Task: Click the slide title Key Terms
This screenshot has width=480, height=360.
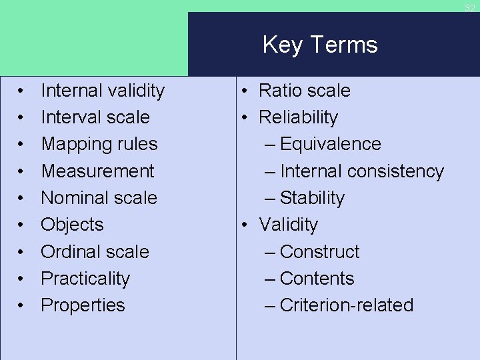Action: point(320,45)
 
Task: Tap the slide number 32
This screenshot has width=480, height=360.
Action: point(470,8)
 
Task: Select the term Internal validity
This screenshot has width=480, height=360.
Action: point(103,91)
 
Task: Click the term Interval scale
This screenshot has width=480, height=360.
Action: point(95,117)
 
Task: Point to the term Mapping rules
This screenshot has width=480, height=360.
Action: point(99,144)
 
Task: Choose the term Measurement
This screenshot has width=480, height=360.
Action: point(97,171)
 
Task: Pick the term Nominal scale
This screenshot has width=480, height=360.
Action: point(99,198)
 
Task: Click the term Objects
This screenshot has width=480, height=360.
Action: point(72,225)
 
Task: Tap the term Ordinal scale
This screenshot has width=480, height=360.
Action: point(95,252)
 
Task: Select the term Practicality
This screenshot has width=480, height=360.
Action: point(85,279)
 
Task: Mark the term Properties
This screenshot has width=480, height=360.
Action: point(83,305)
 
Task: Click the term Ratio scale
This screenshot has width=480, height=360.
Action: point(304,91)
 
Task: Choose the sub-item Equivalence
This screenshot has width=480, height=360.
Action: point(330,144)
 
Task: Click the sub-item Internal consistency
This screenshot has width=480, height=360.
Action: point(361,171)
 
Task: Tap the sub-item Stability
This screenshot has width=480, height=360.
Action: point(312,198)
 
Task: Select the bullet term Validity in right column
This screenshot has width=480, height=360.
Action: point(288,225)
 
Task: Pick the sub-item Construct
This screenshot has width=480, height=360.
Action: point(319,252)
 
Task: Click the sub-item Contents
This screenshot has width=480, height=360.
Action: point(317,279)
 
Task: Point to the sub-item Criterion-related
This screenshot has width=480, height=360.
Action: point(346,305)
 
